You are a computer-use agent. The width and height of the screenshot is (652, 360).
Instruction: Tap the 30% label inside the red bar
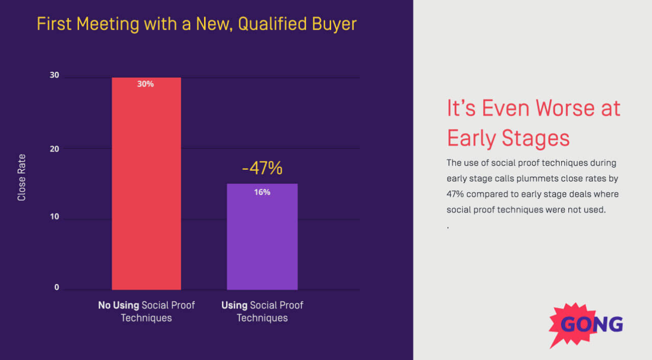[x=145, y=84]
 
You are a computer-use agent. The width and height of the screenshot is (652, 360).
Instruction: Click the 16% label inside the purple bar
[x=262, y=192]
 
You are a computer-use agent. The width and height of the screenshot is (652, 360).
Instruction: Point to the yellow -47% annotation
[x=262, y=168]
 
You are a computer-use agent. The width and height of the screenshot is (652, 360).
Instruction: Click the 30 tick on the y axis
[x=54, y=75]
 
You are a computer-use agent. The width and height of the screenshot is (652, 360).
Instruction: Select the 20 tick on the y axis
[x=54, y=149]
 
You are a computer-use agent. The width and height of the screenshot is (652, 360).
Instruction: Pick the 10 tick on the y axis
[x=54, y=217]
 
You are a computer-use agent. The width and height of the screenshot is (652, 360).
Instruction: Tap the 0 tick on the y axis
[x=57, y=287]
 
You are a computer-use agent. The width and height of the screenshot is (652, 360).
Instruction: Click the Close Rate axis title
[x=21, y=177]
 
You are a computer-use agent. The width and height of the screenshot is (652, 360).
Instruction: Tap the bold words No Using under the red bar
[x=118, y=305]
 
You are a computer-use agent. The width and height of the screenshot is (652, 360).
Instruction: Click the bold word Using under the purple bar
[x=234, y=305]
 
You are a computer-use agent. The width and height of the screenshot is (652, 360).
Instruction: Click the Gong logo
[x=587, y=324]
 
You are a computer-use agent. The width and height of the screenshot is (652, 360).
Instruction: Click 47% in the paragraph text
[x=455, y=194]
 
